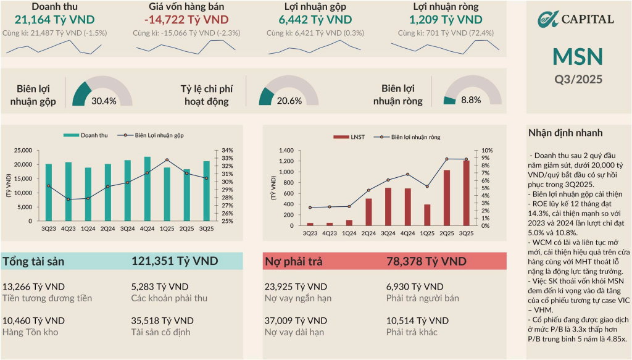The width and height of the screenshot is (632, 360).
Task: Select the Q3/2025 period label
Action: pos(578,79)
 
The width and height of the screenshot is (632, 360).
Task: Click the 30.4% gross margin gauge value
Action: pos(104,101)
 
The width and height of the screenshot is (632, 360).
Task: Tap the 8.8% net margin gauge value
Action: pos(471,100)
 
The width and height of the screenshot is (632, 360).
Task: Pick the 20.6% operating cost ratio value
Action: pos(289,101)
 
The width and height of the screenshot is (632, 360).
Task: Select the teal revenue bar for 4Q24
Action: pos(147,189)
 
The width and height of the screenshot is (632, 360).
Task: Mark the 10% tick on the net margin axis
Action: pos(487,150)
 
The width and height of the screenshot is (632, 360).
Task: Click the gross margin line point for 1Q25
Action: pos(167,160)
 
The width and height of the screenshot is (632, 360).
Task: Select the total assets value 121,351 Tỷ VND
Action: pos(175,261)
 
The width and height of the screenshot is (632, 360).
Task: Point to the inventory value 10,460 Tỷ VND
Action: pos(34,320)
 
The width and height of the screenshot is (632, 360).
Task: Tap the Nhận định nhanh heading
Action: pos(565,133)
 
